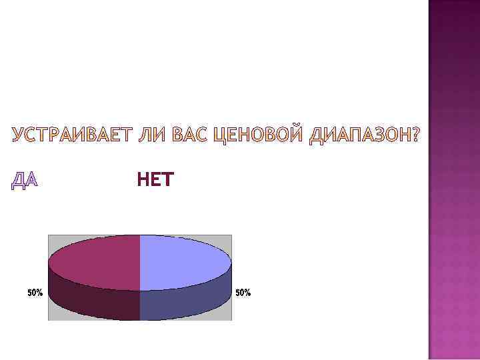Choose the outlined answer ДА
25,180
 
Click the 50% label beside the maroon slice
35,293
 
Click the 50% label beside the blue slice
243,293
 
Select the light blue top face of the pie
183,261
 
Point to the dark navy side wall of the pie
187,303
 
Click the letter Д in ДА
19,180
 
